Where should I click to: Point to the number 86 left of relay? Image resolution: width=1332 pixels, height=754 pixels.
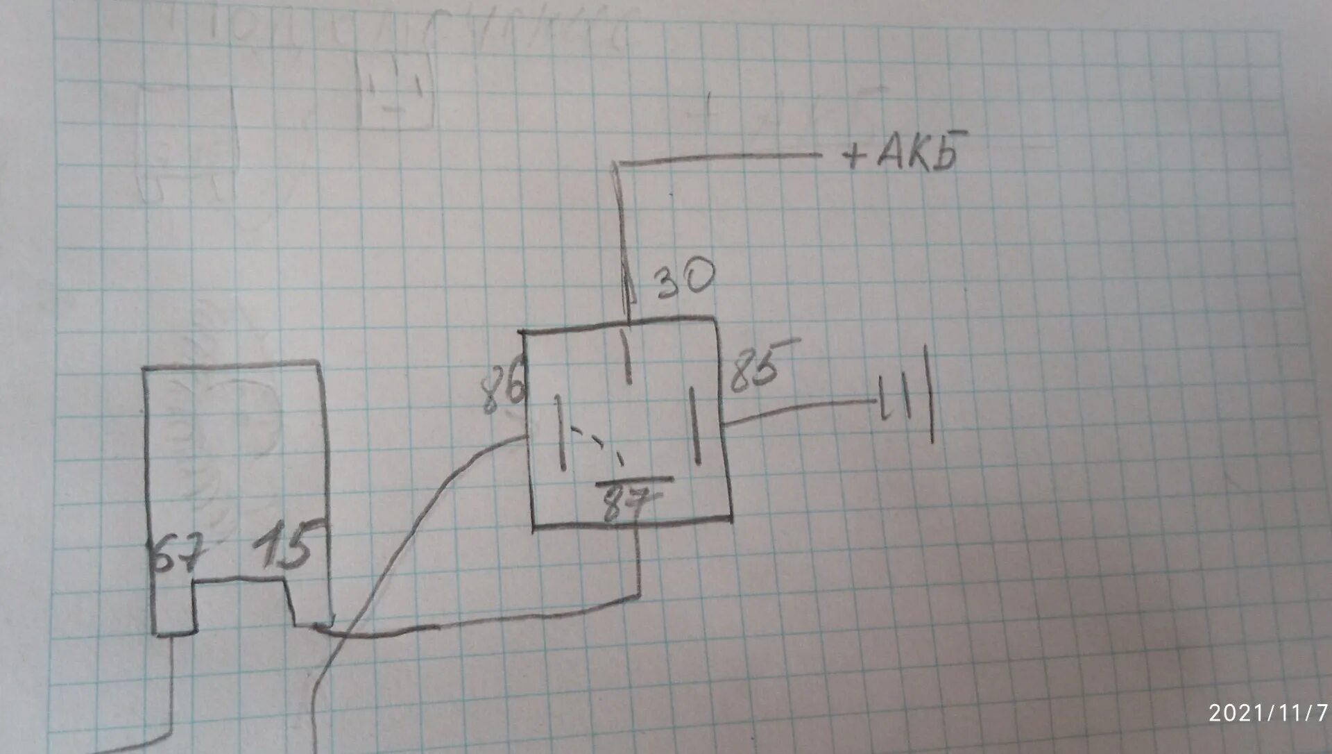pyautogui.click(x=503, y=392)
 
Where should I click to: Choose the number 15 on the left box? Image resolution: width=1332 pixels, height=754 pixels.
pyautogui.click(x=283, y=547)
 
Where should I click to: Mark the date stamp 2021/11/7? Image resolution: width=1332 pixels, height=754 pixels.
pyautogui.click(x=1267, y=712)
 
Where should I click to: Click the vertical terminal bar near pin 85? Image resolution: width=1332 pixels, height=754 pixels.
pyautogui.click(x=694, y=426)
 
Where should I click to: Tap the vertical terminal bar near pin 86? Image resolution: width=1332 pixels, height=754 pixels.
pyautogui.click(x=559, y=432)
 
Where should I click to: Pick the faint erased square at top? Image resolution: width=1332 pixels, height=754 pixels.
pyautogui.click(x=395, y=94)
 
